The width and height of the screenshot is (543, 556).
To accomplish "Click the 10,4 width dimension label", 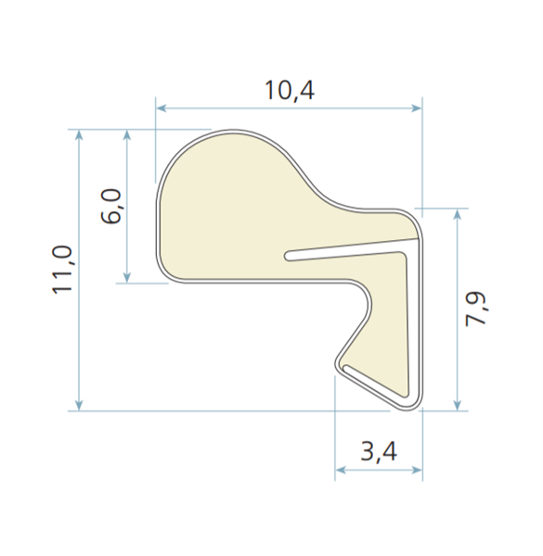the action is click(x=290, y=91).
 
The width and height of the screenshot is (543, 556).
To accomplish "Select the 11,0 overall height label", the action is click(x=62, y=270).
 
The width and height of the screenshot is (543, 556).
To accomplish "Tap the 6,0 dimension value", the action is click(x=110, y=206).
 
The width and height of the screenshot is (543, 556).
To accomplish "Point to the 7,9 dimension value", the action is click(x=476, y=309).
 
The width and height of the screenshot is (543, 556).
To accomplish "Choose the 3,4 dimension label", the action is click(x=379, y=452).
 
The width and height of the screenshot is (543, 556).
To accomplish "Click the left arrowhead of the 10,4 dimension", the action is click(x=161, y=107).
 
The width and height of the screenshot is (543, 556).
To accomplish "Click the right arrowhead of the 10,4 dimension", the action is click(x=416, y=107).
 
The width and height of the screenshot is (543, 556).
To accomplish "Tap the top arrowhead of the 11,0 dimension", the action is click(x=79, y=135).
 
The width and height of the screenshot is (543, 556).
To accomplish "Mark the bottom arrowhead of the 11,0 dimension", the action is click(x=79, y=405).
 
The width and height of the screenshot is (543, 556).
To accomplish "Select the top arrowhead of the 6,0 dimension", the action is click(x=127, y=135).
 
